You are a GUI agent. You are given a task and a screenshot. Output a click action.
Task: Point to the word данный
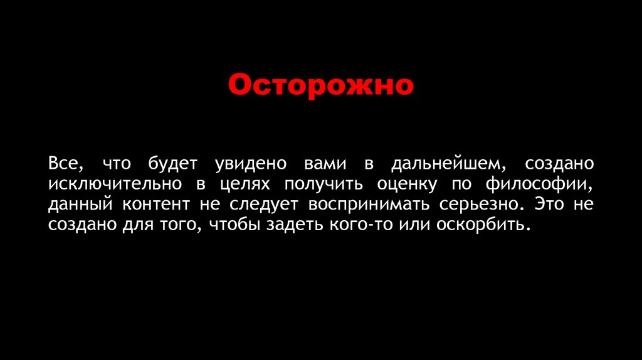coord(79,205)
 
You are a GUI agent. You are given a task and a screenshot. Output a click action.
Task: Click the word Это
coord(550,204)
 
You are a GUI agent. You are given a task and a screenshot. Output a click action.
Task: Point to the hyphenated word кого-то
coord(358,225)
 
